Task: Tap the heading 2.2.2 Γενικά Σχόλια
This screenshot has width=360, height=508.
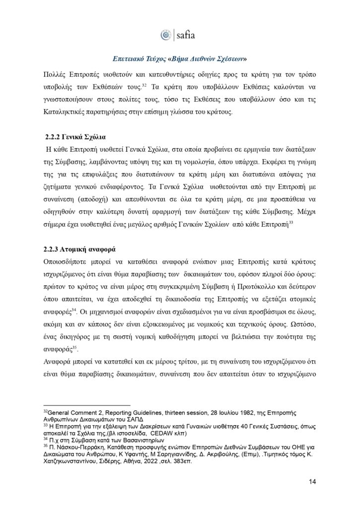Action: point(72,136)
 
